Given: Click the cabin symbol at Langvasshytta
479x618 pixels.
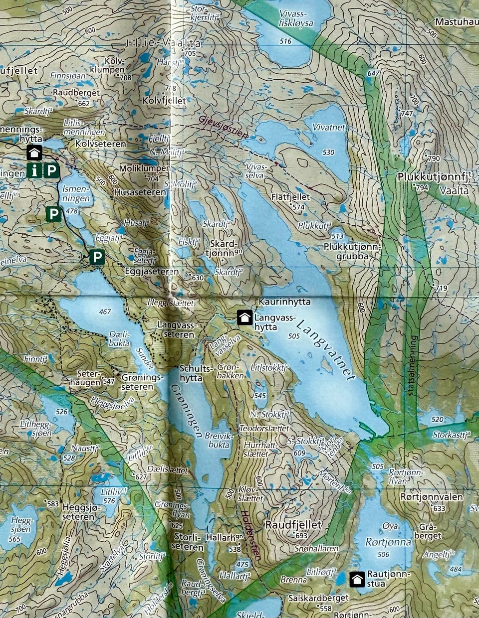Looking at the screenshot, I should point(244,317).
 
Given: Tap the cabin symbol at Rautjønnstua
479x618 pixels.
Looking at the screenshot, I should point(357,579).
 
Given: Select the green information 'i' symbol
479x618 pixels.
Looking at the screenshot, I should point(34,171).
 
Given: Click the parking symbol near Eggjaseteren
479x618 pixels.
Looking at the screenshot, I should point(97,257).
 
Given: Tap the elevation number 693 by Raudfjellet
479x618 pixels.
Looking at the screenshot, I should point(301,536).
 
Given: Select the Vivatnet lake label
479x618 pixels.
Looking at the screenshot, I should point(329,128).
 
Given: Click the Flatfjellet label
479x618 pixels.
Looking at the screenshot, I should point(291,197).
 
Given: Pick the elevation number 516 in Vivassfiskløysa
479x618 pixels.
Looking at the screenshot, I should point(285,41).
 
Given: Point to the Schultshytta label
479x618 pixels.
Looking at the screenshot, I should point(191,374).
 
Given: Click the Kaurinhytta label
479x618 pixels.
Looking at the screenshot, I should point(284,302).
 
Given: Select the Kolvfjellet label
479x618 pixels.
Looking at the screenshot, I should point(164,101).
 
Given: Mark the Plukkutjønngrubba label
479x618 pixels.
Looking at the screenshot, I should point(352,251).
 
